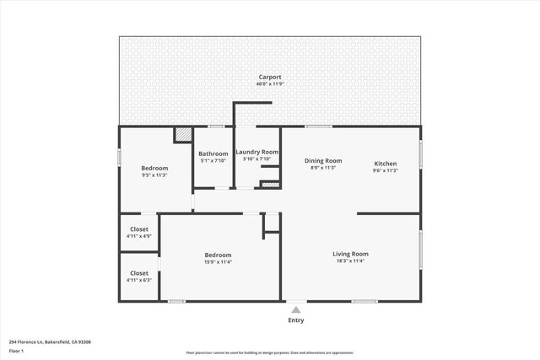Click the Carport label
[270, 77]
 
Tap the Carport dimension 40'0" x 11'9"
[270, 83]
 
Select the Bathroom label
[213, 153]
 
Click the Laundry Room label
[257, 152]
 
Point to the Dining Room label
[322, 160]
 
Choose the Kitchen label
[385, 163]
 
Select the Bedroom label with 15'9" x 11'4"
[218, 255]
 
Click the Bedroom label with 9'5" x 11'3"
[154, 168]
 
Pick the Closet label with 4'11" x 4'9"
[139, 229]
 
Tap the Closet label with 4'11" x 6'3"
[139, 273]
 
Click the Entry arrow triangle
[296, 309]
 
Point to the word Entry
[296, 320]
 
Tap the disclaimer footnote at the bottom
[270, 353]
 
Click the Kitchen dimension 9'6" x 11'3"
[385, 170]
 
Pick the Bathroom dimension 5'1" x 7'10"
[213, 161]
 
